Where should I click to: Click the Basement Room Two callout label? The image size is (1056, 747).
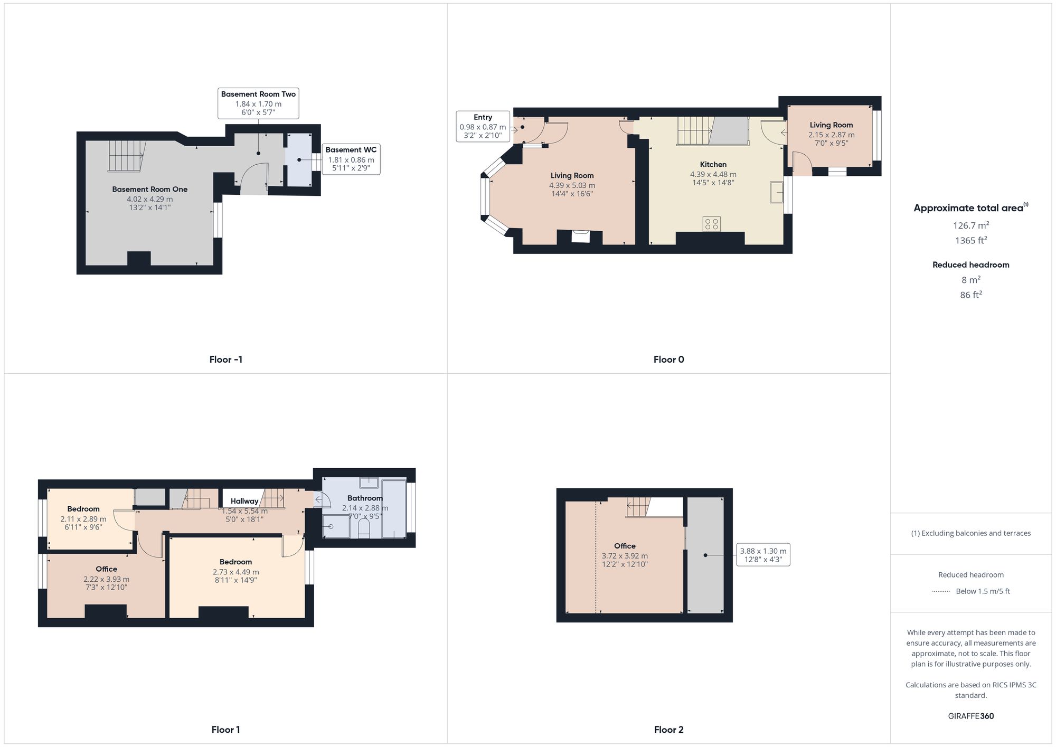click(x=258, y=103)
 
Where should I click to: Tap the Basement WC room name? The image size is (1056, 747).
click(x=351, y=150)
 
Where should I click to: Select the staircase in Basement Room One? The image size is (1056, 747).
click(x=126, y=156)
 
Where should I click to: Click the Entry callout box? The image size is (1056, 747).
click(x=483, y=126)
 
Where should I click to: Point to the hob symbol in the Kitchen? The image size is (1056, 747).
click(x=711, y=224)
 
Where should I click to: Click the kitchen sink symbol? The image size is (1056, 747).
click(x=776, y=192)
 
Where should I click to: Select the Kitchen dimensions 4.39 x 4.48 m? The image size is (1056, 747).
click(x=713, y=174)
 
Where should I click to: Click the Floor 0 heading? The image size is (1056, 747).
click(x=668, y=360)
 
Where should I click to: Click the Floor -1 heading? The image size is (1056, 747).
click(x=225, y=360)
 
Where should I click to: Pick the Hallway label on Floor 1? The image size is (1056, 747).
click(x=244, y=501)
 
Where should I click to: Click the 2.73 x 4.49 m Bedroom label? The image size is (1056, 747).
click(x=235, y=572)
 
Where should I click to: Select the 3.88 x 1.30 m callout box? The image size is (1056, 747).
click(x=763, y=555)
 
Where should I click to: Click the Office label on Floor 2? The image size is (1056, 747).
click(x=625, y=546)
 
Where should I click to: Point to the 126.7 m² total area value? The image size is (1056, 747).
click(x=970, y=225)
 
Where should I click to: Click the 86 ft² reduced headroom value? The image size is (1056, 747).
click(x=970, y=295)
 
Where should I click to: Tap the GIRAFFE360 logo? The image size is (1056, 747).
click(x=970, y=716)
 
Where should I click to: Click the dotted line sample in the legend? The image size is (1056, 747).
click(x=941, y=591)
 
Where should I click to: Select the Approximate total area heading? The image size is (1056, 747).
click(x=970, y=208)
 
